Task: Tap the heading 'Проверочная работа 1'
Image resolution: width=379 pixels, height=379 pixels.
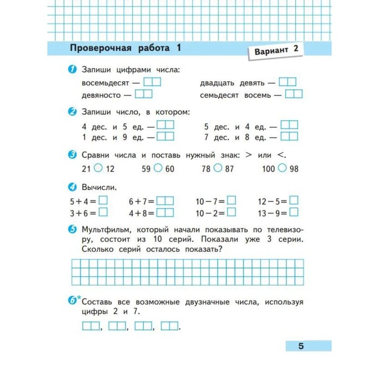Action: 125,48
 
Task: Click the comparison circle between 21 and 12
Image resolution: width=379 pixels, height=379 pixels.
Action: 99,168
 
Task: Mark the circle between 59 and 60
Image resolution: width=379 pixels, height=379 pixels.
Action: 158,168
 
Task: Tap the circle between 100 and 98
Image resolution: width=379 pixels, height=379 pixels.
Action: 282,168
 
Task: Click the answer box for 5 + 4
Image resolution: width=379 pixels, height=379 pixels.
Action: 103,201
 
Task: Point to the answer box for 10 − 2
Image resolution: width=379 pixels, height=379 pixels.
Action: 232,213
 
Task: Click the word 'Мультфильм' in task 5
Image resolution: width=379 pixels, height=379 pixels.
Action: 105,228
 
